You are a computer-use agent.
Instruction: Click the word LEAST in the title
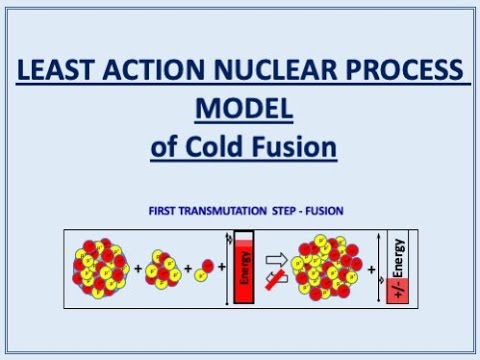59,71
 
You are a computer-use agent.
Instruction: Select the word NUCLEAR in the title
265,71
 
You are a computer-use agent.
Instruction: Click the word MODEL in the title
239,109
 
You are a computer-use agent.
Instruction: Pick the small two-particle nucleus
207,270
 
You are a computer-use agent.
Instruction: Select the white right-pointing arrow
277,259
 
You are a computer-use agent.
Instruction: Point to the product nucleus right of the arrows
329,268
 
